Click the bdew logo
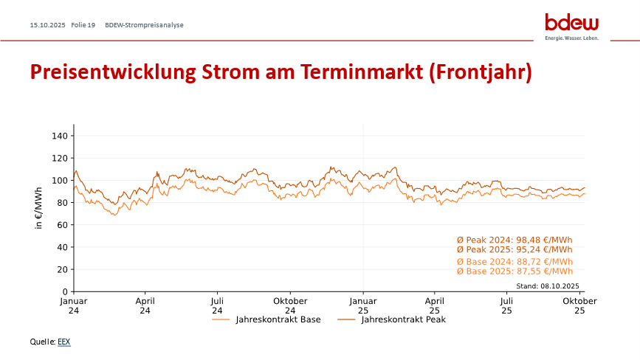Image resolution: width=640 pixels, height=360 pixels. [571, 25]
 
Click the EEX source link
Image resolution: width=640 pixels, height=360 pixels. [63, 342]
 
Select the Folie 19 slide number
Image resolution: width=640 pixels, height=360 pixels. [83, 25]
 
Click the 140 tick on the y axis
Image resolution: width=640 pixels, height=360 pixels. [60, 136]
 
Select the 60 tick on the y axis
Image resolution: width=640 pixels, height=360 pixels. [62, 225]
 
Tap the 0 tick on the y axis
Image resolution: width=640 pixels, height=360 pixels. [65, 291]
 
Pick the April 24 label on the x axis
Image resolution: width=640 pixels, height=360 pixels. [145, 305]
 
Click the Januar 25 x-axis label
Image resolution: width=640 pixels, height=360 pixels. [363, 305]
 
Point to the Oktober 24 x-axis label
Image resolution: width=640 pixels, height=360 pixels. [290, 305]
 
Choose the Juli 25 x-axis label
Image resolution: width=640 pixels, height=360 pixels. [507, 305]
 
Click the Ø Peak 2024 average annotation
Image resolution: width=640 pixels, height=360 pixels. [515, 240]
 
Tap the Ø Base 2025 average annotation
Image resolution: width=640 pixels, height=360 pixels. [515, 271]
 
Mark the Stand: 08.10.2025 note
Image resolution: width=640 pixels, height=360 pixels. [548, 285]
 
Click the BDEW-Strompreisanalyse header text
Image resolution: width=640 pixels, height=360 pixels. [145, 25]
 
